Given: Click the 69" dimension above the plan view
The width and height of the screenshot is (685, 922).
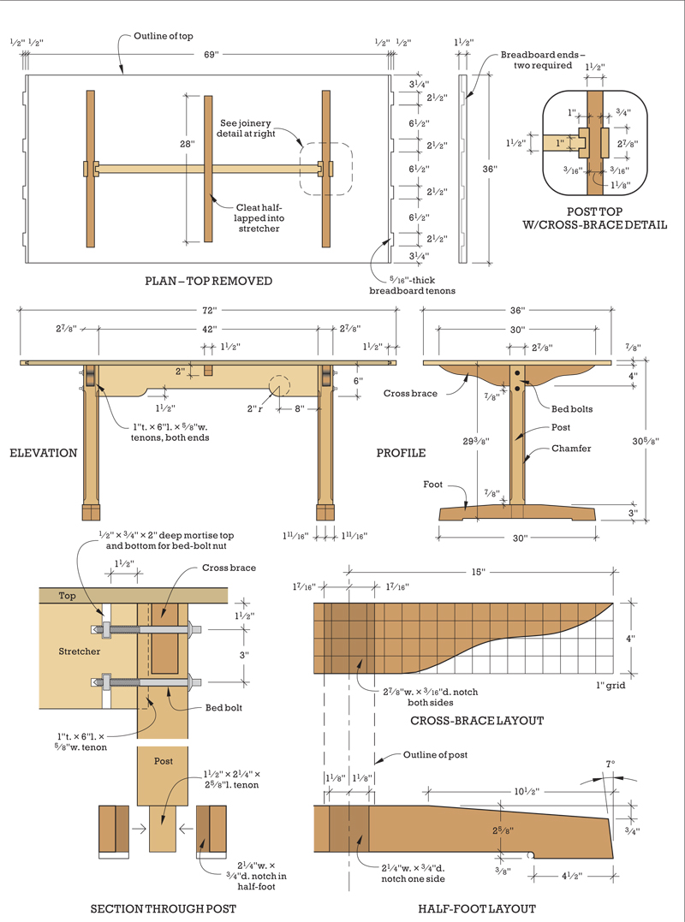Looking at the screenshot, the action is [x=211, y=54].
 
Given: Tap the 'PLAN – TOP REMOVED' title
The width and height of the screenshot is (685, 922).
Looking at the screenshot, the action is [x=209, y=281].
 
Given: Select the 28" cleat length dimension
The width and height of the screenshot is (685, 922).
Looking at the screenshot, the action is [x=188, y=144].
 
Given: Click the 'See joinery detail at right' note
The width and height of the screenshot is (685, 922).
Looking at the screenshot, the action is [x=246, y=128].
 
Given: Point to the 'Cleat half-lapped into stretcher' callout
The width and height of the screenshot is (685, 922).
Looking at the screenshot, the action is [x=259, y=217].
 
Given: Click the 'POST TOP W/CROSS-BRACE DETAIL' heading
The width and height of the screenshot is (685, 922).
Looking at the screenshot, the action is [x=594, y=217].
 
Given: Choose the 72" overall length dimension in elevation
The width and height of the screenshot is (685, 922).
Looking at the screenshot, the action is [x=210, y=311].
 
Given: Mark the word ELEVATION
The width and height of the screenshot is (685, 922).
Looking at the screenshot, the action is [x=44, y=453].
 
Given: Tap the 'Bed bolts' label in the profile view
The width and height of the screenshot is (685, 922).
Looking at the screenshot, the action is [x=571, y=408].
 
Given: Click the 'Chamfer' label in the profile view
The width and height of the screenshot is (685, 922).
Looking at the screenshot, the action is [x=571, y=448].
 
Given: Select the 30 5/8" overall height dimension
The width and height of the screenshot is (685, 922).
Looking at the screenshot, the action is [x=645, y=440].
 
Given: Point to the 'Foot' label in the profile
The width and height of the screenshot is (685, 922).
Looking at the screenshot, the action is [x=432, y=485].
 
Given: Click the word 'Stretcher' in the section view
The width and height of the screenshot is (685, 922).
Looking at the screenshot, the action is [x=80, y=651].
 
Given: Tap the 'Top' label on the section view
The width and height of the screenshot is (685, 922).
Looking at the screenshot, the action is [x=67, y=596].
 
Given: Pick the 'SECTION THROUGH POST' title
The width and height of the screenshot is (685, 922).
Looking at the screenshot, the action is [x=163, y=908].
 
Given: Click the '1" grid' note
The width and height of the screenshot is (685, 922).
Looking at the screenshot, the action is [x=611, y=685].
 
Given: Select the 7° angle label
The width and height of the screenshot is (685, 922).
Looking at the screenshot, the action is [x=611, y=764].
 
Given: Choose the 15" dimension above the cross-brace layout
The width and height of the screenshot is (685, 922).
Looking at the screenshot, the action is [x=478, y=572].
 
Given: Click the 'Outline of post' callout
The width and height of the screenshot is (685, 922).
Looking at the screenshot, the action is [x=435, y=754].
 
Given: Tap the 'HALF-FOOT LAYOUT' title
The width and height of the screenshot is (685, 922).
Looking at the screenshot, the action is [x=477, y=908].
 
